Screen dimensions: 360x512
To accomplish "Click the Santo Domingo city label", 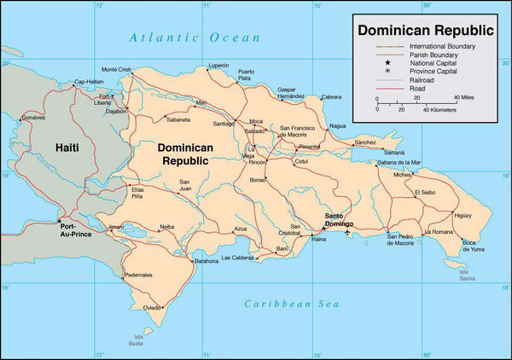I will tap(338, 220).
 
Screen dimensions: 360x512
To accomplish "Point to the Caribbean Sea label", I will tap(291, 304).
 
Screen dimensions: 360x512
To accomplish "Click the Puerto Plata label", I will tap(245, 74).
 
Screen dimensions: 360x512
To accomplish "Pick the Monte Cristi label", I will tap(116, 69).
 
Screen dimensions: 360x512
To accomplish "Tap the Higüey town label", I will tap(463, 216).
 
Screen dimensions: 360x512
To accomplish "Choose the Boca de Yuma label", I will tap(474, 247).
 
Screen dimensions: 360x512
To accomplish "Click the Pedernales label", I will tap(138, 275).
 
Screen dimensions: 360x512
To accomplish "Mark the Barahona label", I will tap(206, 261).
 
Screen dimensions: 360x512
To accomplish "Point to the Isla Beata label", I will tap(136, 340).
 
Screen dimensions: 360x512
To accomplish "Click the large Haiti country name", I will tap(67, 148).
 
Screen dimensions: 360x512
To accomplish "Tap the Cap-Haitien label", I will tap(90, 82).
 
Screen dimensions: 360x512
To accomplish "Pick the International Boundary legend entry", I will tap(442, 45).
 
